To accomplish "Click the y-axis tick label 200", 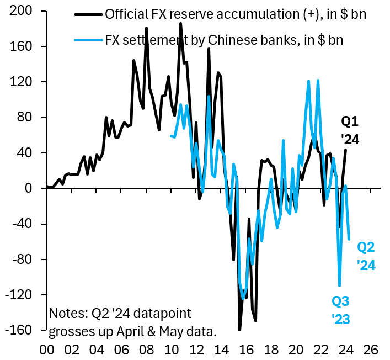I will [x=21, y=11].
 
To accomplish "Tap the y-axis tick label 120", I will [x=21, y=82].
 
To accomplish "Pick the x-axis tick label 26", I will [x=370, y=349].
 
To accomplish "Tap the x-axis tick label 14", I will [x=220, y=349].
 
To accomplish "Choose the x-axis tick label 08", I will [x=146, y=349].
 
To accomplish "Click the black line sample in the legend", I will [x=87, y=14].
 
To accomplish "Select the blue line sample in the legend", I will [x=87, y=40].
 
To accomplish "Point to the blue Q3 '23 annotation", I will [x=340, y=310].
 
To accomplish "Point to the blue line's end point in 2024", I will [x=349, y=239].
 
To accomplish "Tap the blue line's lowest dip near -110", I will [x=339, y=285].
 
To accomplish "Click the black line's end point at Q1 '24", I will [x=346, y=150].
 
